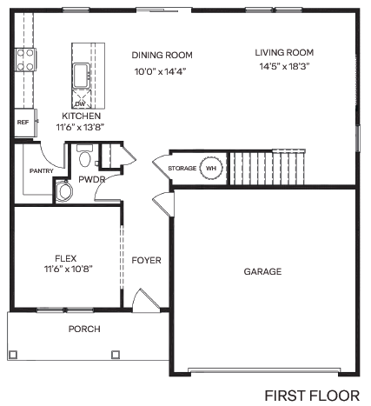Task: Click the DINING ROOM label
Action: (x=162, y=54)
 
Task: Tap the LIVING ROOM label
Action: (x=283, y=51)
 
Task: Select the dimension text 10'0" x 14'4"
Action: (x=161, y=70)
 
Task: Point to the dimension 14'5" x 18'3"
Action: (x=283, y=66)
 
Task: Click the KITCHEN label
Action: (x=82, y=116)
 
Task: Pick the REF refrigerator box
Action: (x=23, y=123)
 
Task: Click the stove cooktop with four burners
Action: (x=24, y=61)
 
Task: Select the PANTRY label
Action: (x=41, y=171)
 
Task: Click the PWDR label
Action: (x=92, y=180)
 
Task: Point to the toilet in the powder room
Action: (x=84, y=159)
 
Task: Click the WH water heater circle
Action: (x=211, y=166)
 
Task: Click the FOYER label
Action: (x=147, y=260)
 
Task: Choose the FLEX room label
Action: (x=66, y=257)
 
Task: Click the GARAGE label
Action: (x=262, y=272)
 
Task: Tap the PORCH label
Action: (x=84, y=329)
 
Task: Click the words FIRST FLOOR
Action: (x=311, y=395)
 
